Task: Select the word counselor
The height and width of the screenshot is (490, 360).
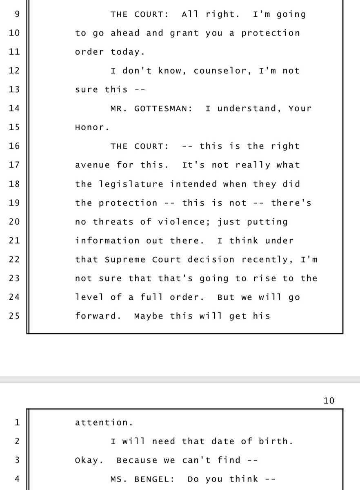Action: click(220, 71)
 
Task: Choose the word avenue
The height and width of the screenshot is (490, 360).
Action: click(93, 165)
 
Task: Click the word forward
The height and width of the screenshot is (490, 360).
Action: click(96, 316)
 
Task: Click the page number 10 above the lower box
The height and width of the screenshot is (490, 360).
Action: click(329, 401)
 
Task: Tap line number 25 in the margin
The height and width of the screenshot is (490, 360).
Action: click(14, 316)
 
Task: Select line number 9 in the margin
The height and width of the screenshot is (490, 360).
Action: click(16, 14)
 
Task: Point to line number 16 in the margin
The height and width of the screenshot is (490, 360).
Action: click(14, 146)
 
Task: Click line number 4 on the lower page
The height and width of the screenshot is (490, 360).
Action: click(17, 479)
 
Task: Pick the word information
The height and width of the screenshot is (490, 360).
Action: click(107, 241)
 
